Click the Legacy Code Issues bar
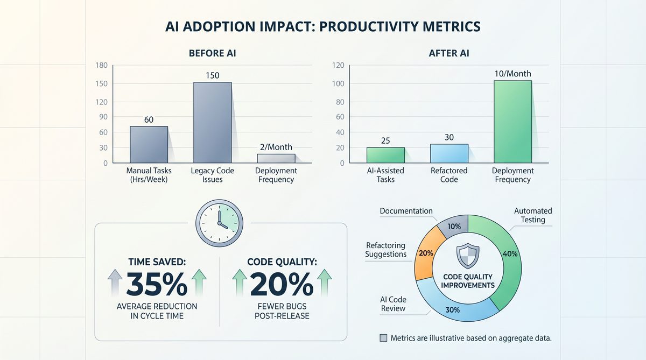(213, 123)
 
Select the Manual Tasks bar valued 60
(149, 145)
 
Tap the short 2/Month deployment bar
(276, 159)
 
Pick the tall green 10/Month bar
(512, 122)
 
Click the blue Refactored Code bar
(449, 153)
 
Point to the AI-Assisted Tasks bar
(385, 156)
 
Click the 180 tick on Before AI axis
(102, 66)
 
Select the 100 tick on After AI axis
(338, 83)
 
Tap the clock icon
(220, 223)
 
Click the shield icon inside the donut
(468, 256)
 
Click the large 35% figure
(157, 284)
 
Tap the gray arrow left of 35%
(115, 283)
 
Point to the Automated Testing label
(533, 215)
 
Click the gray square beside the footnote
(383, 338)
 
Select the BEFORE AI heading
(213, 53)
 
